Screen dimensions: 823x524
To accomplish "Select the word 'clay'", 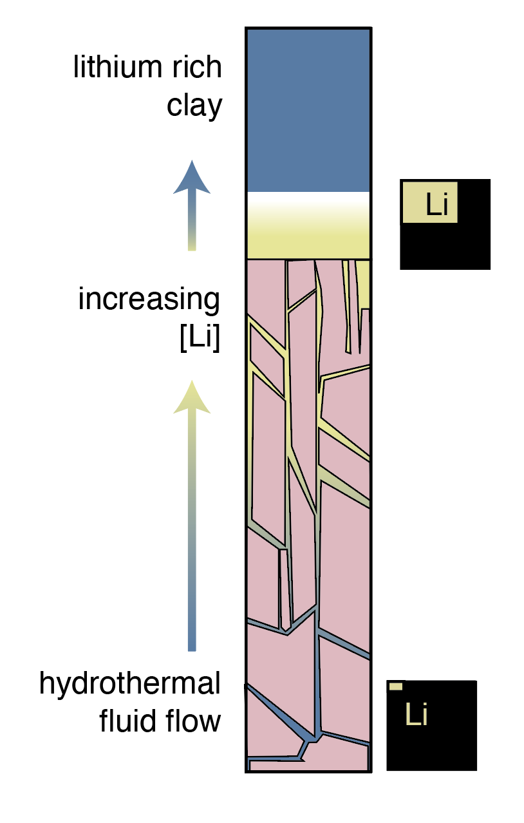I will pyautogui.click(x=194, y=105).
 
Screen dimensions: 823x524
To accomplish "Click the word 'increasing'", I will pyautogui.click(x=149, y=299).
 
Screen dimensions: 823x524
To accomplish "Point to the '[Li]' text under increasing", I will pyautogui.click(x=200, y=338).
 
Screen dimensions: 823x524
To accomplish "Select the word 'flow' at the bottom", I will pyautogui.click(x=193, y=721).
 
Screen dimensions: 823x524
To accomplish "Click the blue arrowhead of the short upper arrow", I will pyautogui.click(x=191, y=178).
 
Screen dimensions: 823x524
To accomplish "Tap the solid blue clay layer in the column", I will pyautogui.click(x=308, y=109).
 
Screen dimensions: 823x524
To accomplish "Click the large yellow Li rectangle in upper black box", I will pyautogui.click(x=429, y=202).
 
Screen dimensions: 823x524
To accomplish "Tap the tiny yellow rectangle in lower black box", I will pyautogui.click(x=397, y=687).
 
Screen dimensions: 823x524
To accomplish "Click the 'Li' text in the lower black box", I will pyautogui.click(x=416, y=715).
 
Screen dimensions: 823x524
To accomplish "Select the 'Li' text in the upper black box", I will pyautogui.click(x=438, y=205).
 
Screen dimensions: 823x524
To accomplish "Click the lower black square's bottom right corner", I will pyautogui.click(x=475, y=768).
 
